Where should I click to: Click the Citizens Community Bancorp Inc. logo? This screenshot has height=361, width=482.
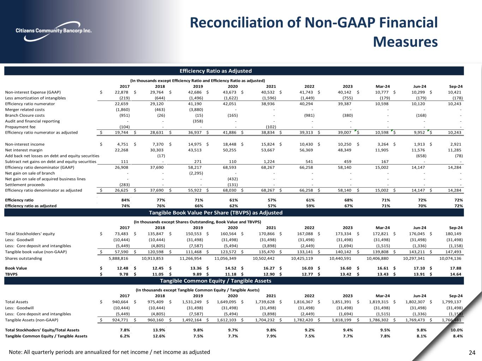[53, 31]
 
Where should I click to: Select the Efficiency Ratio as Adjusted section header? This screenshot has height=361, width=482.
[215, 71]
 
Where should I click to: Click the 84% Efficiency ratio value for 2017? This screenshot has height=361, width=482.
[125, 200]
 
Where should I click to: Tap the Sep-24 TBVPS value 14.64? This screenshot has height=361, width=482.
[456, 274]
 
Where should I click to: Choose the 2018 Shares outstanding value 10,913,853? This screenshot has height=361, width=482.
[152, 258]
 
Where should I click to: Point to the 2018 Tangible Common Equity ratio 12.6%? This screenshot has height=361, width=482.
[158, 336]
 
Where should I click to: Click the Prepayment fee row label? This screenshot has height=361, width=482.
[20, 127]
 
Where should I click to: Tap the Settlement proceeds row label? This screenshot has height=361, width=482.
[25, 184]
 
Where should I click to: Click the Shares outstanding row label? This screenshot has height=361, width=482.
[23, 258]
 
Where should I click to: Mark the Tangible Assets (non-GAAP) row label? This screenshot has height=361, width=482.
[31, 320]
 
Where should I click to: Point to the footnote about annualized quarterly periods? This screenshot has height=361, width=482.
[109, 352]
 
